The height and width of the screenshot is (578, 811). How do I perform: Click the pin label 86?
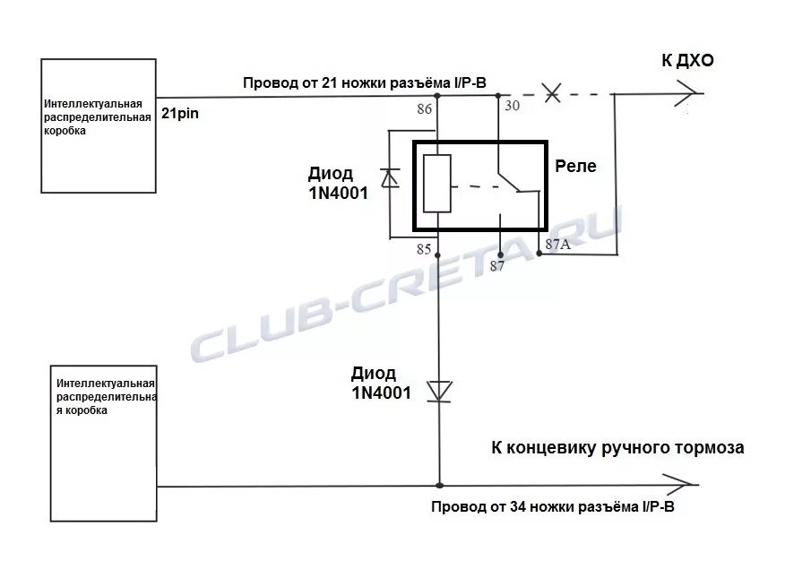click(425, 109)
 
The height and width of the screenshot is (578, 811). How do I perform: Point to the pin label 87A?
click(556, 243)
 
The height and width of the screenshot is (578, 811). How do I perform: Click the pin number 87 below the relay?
click(497, 265)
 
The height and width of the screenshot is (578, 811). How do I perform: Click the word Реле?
click(575, 166)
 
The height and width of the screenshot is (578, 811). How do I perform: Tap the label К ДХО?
click(688, 61)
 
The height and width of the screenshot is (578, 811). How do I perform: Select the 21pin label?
click(180, 114)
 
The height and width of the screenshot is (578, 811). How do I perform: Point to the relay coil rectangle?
click(436, 183)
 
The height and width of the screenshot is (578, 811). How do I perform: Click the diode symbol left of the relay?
click(389, 178)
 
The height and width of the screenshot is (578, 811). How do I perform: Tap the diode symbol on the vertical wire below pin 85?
click(438, 390)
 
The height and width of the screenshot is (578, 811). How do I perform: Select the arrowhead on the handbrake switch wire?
click(686, 487)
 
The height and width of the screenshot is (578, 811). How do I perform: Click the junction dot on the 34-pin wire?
click(438, 487)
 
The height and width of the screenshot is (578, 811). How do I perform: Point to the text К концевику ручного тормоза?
click(617, 447)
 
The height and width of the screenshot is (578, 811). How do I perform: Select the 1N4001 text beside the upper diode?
click(335, 192)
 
